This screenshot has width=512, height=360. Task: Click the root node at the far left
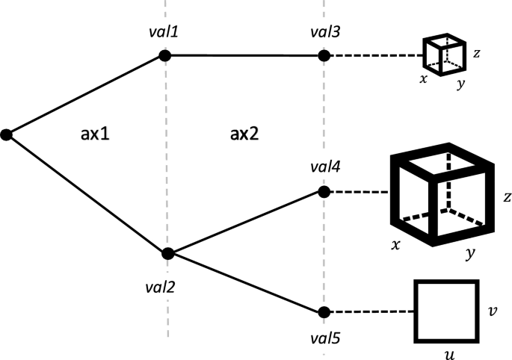click(x=6, y=134)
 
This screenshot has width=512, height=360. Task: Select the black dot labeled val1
click(x=165, y=55)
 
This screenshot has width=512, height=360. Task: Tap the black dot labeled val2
click(x=167, y=253)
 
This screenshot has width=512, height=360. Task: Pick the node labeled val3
click(x=323, y=55)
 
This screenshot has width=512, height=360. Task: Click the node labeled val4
click(x=323, y=192)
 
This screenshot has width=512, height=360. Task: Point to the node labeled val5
click(x=323, y=311)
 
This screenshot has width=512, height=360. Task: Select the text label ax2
click(x=243, y=134)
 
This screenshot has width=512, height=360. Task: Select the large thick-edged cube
click(x=442, y=199)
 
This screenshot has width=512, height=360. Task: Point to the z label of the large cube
click(x=506, y=197)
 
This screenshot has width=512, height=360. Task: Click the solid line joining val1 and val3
click(x=244, y=55)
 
